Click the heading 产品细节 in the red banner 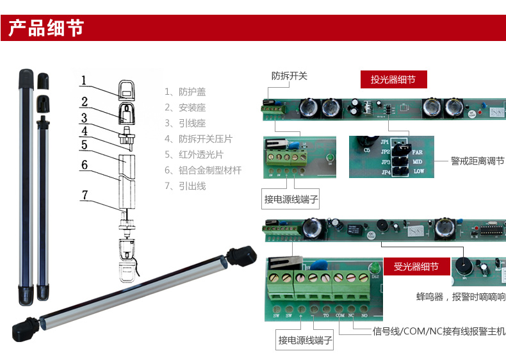[45, 28]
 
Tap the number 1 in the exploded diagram [83, 81]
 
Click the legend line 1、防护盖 [185, 92]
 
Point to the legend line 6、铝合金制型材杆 [203, 170]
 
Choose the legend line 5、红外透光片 [194, 155]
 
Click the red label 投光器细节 [393, 79]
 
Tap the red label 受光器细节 [416, 266]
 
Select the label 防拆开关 [290, 76]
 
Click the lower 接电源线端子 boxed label [306, 340]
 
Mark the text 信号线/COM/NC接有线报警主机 [439, 331]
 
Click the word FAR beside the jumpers [418, 152]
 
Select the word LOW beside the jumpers [418, 172]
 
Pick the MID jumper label [418, 162]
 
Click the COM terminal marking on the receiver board [339, 316]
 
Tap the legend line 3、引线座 [185, 124]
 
